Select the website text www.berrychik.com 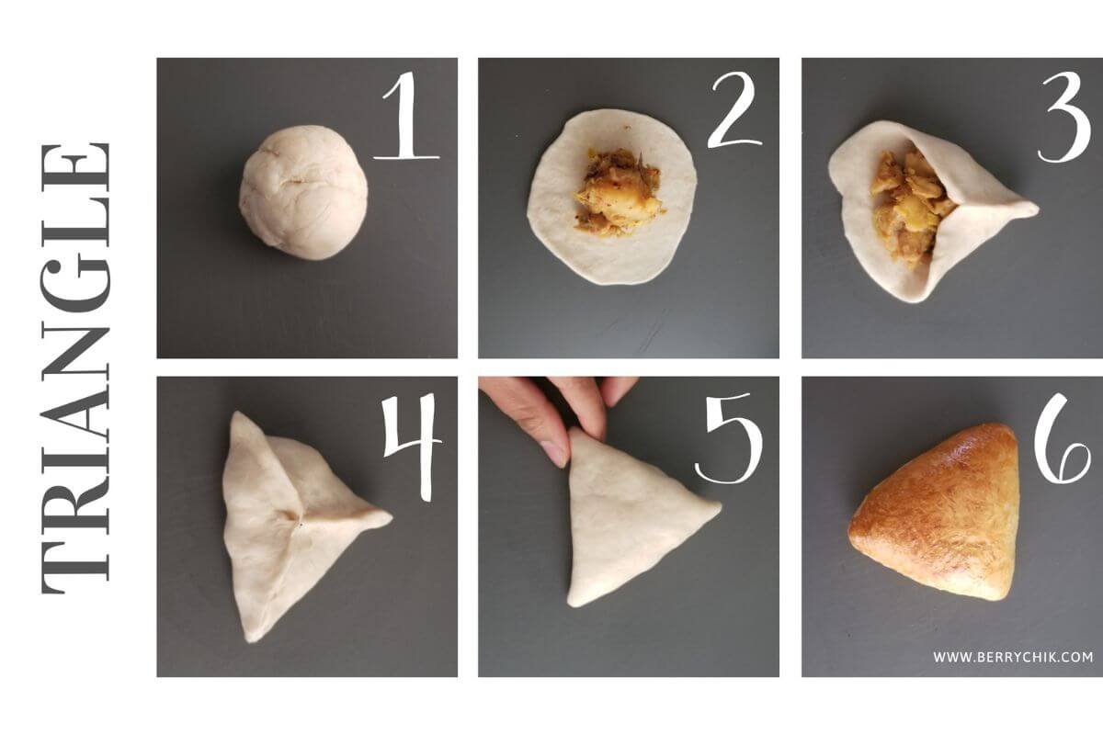1013,657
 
